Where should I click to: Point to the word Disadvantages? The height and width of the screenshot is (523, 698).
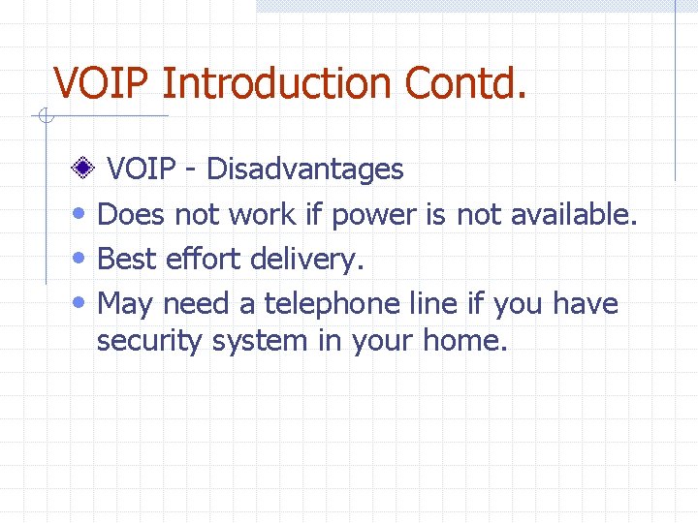[x=305, y=169]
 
